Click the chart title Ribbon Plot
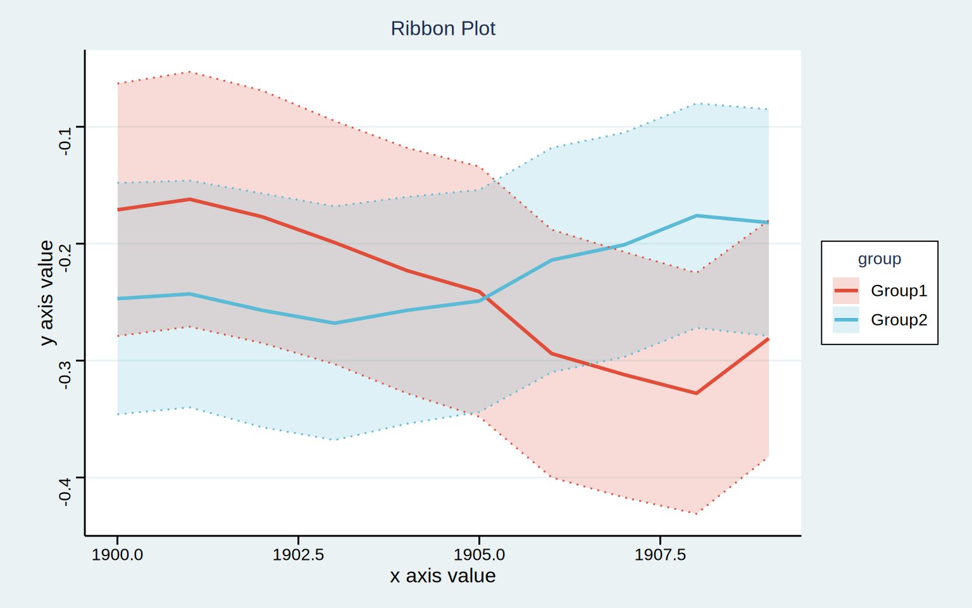coord(442,28)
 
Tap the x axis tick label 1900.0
coord(117,555)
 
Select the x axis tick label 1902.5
coord(298,555)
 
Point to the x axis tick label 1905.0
coord(479,555)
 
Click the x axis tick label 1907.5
coord(660,555)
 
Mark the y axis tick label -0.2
coord(65,258)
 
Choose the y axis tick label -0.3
coord(65,375)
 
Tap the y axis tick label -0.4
coord(65,492)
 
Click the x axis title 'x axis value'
coord(442,576)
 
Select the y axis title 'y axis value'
coord(46,293)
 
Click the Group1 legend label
coord(899,291)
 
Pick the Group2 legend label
coord(899,320)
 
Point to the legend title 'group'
coord(880,259)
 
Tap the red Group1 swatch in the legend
coord(845,291)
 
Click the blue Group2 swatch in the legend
coord(845,320)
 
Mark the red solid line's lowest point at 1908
coord(696,393)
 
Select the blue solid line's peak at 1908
coord(696,216)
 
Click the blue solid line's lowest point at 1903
coord(334,323)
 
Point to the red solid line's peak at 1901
coord(190,199)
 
